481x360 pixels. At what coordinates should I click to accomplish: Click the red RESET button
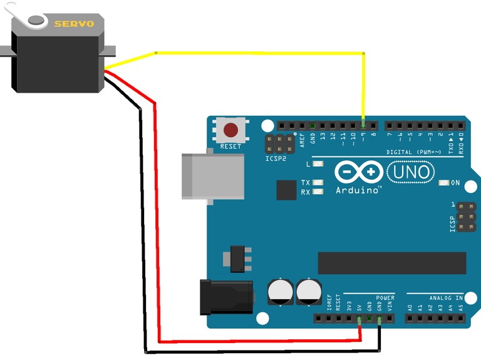231,130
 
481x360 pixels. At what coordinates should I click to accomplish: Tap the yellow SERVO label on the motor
74,24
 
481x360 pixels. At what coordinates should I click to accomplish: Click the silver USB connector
212,176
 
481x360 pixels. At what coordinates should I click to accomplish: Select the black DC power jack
226,297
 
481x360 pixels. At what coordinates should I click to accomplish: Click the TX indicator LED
318,183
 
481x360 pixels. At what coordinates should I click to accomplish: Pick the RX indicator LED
318,192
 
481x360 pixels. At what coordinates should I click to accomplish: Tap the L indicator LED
318,164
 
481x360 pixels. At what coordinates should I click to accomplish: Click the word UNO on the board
411,171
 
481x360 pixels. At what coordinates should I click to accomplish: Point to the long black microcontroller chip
392,263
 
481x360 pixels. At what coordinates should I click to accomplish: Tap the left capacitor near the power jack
279,292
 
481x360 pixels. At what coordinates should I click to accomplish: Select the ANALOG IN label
446,297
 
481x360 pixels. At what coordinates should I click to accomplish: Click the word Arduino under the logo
358,190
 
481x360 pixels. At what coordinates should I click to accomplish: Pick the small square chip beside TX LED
286,190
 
